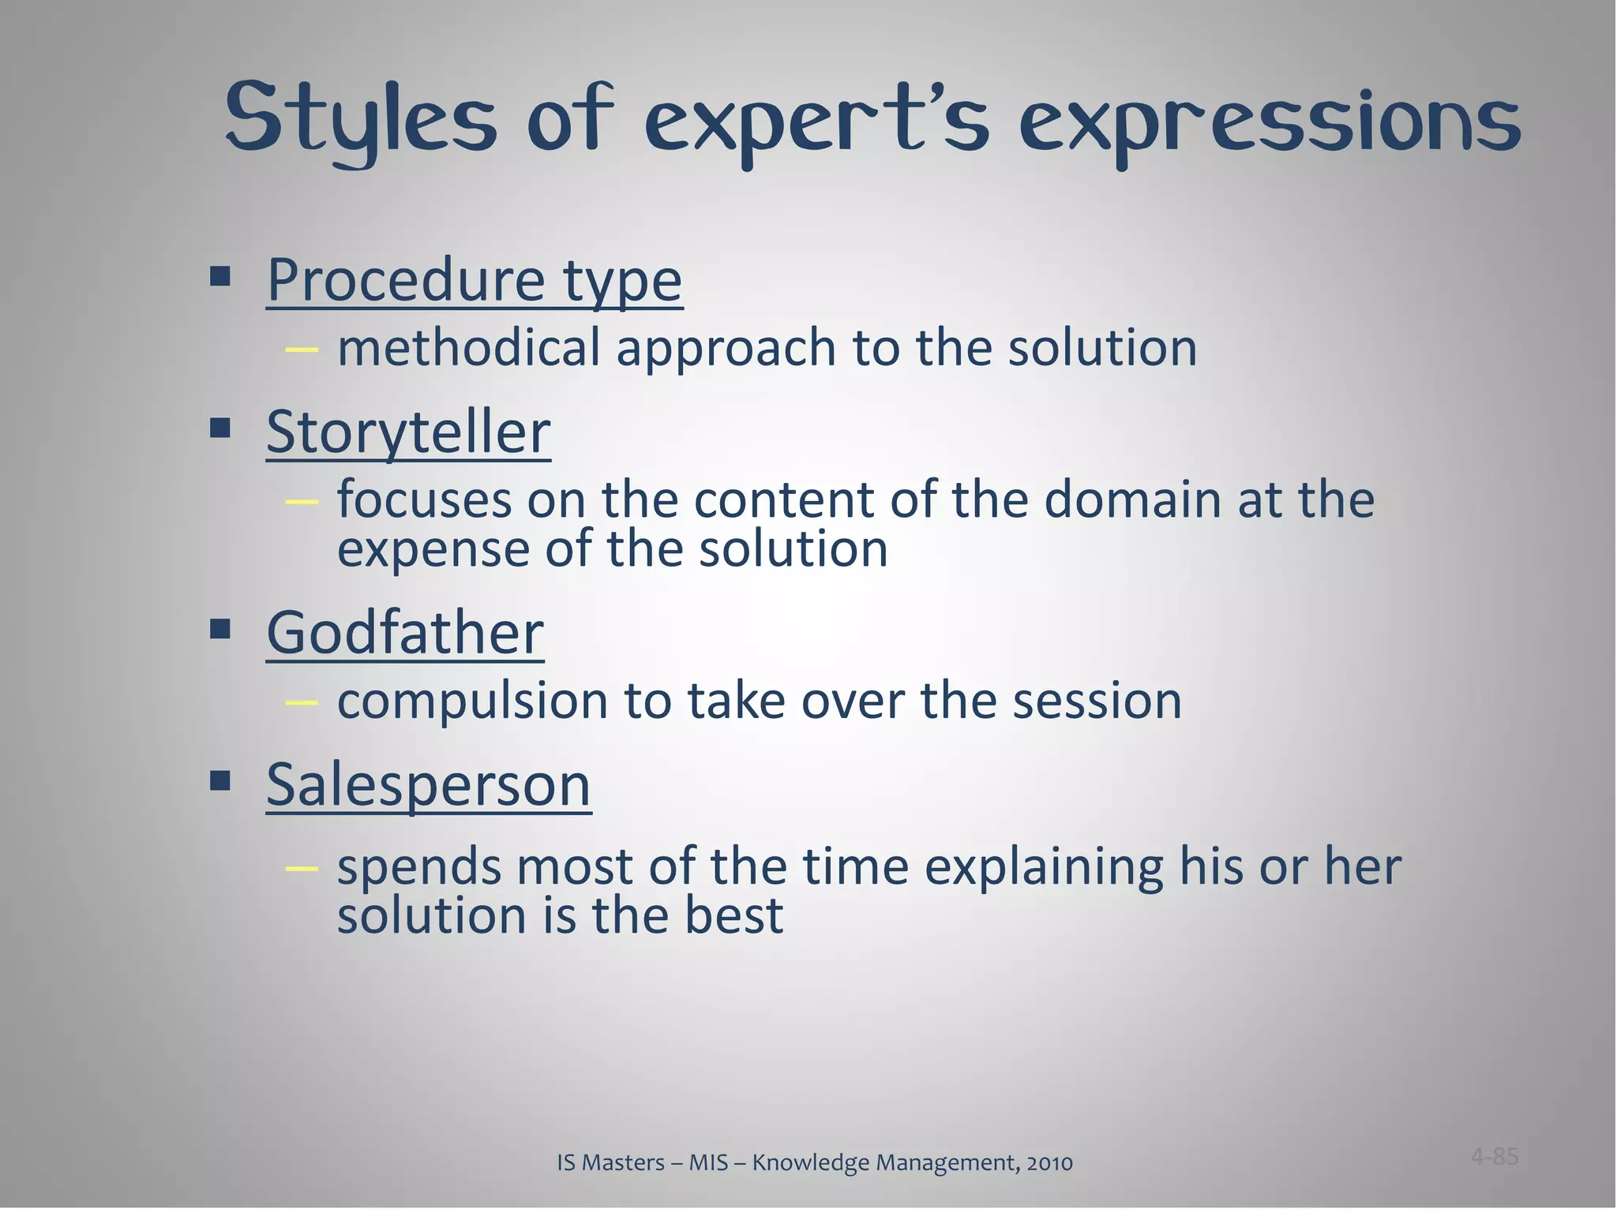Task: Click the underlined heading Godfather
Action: [x=405, y=633]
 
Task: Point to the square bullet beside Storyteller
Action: [x=220, y=428]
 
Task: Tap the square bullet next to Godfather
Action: [x=220, y=629]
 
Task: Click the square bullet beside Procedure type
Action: [x=220, y=276]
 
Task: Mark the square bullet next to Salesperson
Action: [x=220, y=781]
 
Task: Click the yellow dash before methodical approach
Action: [x=302, y=349]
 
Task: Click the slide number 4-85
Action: [x=1494, y=1157]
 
